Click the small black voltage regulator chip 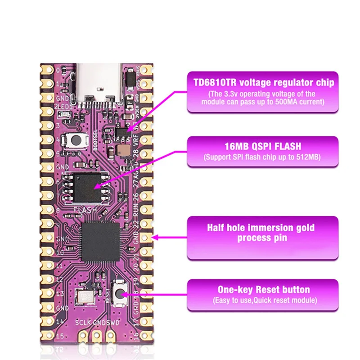click(x=121, y=131)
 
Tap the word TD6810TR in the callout click(x=215, y=83)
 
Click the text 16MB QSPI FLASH click(x=263, y=147)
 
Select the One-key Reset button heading click(x=263, y=290)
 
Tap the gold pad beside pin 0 click(x=46, y=70)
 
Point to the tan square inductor click(x=122, y=150)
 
